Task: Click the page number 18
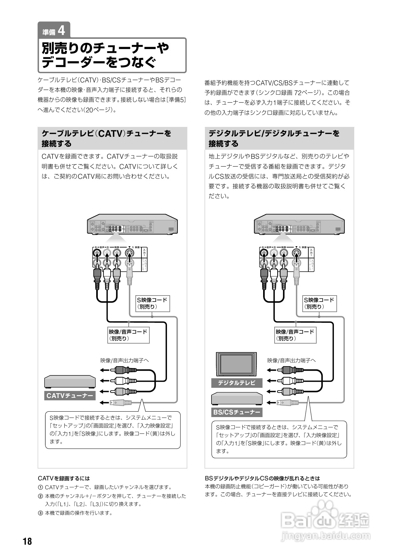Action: pos(27,541)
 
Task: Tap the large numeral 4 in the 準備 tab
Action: pos(61,31)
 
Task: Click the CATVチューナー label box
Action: pos(70,395)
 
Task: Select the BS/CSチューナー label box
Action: pos(236,412)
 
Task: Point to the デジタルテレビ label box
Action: pos(236,383)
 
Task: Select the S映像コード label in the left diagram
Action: pos(152,303)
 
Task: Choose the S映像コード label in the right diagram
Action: pos(319,303)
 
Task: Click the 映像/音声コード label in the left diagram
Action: pos(128,335)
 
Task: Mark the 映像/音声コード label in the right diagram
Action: pos(295,335)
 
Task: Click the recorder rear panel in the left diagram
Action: pos(132,225)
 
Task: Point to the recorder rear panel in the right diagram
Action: pos(299,225)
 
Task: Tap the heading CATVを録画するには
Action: pos(64,478)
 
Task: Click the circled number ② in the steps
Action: pos(40,496)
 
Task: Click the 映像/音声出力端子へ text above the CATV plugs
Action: pos(125,360)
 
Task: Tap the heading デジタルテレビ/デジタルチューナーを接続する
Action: pos(274,138)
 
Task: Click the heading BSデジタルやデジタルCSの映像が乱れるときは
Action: pos(262,478)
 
